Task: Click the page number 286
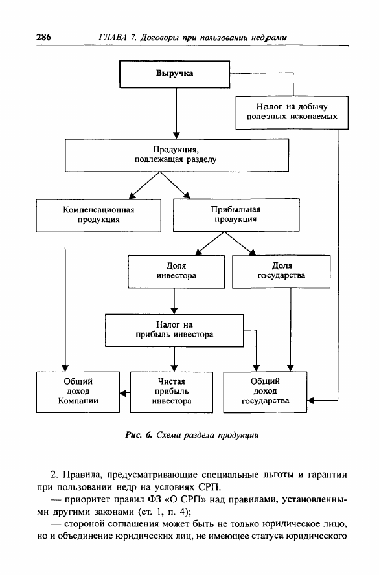click(x=43, y=37)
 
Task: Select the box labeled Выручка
click(x=175, y=74)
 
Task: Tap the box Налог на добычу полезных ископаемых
click(x=292, y=113)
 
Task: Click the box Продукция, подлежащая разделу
click(x=177, y=155)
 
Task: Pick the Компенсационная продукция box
click(x=98, y=216)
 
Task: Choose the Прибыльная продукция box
click(x=236, y=215)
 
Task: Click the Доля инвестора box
click(x=176, y=271)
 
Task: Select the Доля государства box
click(x=281, y=271)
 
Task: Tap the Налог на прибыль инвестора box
click(x=174, y=330)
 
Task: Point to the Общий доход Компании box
click(x=78, y=392)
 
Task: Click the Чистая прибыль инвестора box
click(x=171, y=392)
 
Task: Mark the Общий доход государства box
click(x=265, y=392)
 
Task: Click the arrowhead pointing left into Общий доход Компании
click(x=123, y=394)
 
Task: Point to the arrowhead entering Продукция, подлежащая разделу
click(x=176, y=135)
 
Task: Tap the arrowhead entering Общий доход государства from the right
click(x=310, y=400)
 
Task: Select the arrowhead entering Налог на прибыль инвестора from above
click(x=174, y=311)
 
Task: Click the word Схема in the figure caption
click(x=168, y=435)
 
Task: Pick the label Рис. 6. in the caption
click(x=138, y=435)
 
